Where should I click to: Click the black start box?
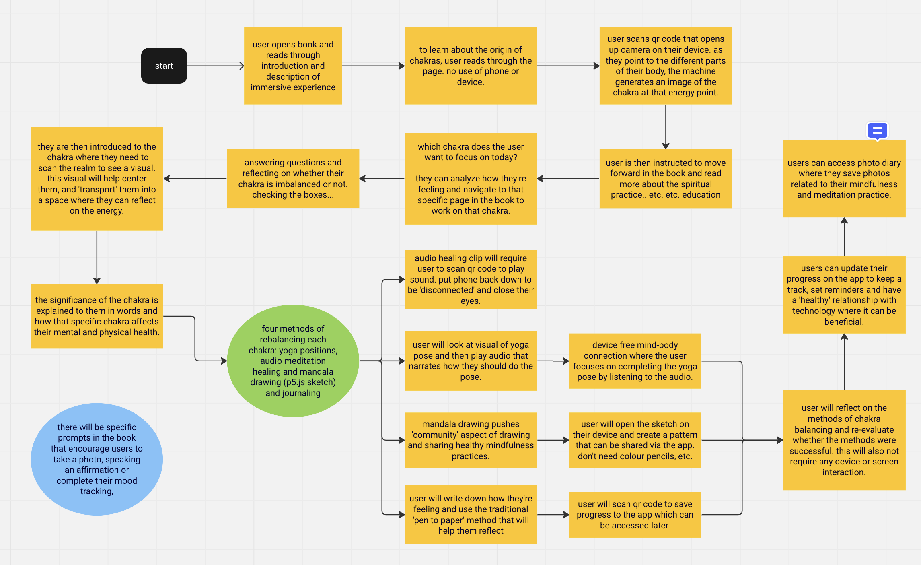[164, 66]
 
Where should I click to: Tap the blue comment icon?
[877, 131]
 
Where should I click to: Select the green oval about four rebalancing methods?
[293, 361]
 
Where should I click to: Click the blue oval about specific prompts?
[97, 459]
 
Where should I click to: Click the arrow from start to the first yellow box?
[216, 66]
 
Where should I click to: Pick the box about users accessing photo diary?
[844, 179]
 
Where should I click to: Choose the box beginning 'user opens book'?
[293, 66]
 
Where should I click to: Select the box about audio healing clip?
[471, 279]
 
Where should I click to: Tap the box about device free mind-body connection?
[635, 361]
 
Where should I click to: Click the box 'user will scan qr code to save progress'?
[635, 515]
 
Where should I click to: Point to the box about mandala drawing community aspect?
[471, 440]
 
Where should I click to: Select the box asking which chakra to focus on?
[471, 179]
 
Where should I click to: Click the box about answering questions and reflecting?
[293, 179]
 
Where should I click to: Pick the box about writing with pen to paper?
[471, 515]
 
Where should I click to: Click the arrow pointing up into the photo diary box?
[844, 237]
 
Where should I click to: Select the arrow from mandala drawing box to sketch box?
[553, 440]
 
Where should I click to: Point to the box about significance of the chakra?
[97, 316]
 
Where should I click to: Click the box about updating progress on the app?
[844, 295]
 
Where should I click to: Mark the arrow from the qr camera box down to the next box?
[666, 127]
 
